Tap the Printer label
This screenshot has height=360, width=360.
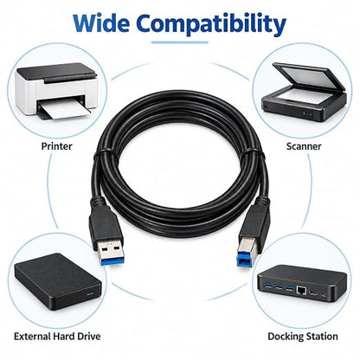coord(56,146)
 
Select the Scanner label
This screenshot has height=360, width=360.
coord(304,146)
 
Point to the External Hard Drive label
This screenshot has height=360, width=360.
coord(57,337)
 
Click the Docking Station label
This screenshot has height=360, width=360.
coord(303,337)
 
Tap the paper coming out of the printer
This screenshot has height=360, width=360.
coord(64,110)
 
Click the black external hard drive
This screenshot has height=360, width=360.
coord(58,282)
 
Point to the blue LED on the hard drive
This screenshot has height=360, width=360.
coord(91,295)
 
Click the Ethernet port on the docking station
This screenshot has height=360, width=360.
coord(301,290)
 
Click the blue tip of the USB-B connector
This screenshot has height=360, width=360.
coord(244,260)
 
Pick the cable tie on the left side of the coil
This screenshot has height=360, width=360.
coord(103,153)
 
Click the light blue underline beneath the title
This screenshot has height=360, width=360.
coord(180,42)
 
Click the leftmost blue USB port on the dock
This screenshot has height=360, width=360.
coord(269,286)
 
